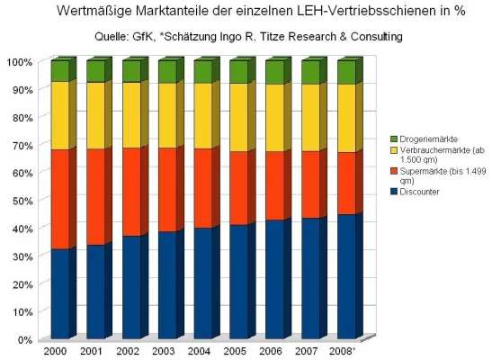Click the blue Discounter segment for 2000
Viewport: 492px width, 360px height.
(59, 292)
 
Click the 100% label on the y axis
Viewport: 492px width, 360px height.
(19, 61)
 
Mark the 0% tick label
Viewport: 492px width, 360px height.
(23, 340)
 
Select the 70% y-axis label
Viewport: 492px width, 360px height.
(21, 145)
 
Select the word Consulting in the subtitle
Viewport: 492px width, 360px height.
(368, 37)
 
